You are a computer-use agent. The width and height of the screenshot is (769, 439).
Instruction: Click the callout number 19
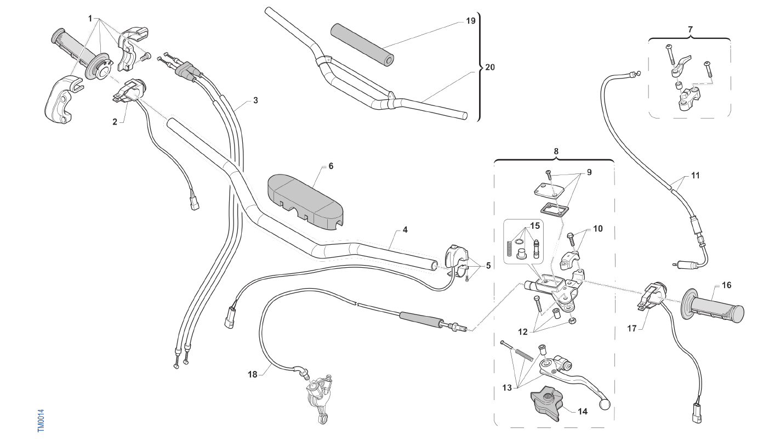click(x=470, y=21)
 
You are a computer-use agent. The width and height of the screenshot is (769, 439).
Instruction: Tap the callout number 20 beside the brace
click(x=489, y=67)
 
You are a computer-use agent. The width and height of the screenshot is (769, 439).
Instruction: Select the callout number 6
click(x=331, y=166)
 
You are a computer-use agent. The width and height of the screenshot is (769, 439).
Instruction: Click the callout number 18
click(x=252, y=375)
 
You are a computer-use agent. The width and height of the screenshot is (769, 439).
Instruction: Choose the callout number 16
click(x=726, y=285)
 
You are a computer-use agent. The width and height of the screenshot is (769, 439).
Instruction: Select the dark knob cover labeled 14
click(x=546, y=404)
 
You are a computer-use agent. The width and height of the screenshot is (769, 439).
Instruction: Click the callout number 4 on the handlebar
click(x=405, y=230)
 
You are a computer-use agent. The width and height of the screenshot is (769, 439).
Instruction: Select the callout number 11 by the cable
click(x=695, y=176)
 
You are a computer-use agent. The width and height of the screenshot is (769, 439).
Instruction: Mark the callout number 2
click(x=115, y=122)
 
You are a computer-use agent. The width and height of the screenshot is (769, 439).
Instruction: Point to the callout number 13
click(x=507, y=387)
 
